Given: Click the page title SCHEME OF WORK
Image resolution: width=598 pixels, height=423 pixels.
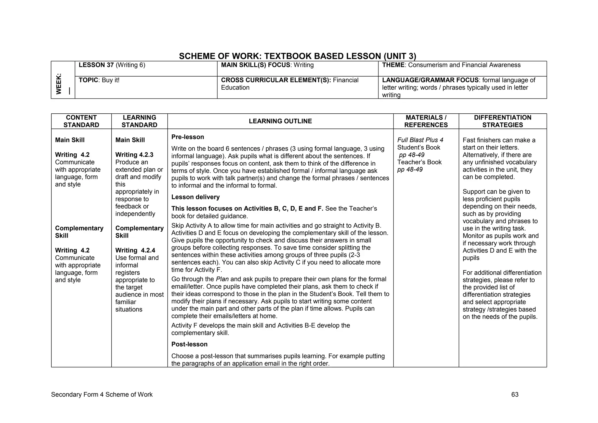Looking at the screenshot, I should pyautogui.click(x=297, y=56).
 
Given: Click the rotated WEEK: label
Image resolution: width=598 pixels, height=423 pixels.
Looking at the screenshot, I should pyautogui.click(x=59, y=84).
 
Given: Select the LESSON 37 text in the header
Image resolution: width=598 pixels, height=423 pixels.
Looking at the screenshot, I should pyautogui.click(x=96, y=65).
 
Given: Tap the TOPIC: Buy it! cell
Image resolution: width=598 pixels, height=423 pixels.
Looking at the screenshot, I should pyautogui.click(x=99, y=80).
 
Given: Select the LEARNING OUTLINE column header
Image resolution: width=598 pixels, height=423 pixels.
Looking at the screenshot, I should pyautogui.click(x=280, y=121).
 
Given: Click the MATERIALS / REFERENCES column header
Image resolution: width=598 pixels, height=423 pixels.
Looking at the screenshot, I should pyautogui.click(x=426, y=121).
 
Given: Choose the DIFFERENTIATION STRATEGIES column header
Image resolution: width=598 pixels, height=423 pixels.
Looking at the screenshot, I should pyautogui.click(x=502, y=121).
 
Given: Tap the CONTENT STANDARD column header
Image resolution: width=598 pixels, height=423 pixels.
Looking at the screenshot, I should pyautogui.click(x=81, y=121).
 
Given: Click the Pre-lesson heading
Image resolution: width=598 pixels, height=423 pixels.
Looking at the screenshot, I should pyautogui.click(x=187, y=137).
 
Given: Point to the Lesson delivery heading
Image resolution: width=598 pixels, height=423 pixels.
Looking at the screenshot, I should pyautogui.click(x=195, y=197).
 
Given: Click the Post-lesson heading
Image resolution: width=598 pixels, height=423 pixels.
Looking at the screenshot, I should pyautogui.click(x=189, y=344).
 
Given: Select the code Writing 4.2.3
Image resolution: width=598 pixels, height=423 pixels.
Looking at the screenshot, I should pyautogui.click(x=134, y=155).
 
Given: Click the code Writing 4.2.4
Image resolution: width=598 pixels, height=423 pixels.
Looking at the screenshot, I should pyautogui.click(x=135, y=250).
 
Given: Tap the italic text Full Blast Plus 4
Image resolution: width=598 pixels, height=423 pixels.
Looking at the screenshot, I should pyautogui.click(x=420, y=140).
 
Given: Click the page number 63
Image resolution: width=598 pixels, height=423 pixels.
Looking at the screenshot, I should pyautogui.click(x=514, y=395).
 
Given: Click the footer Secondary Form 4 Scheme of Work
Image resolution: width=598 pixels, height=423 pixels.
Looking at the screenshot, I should pyautogui.click(x=102, y=395).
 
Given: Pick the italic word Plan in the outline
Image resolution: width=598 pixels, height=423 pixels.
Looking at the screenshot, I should pyautogui.click(x=222, y=279).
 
